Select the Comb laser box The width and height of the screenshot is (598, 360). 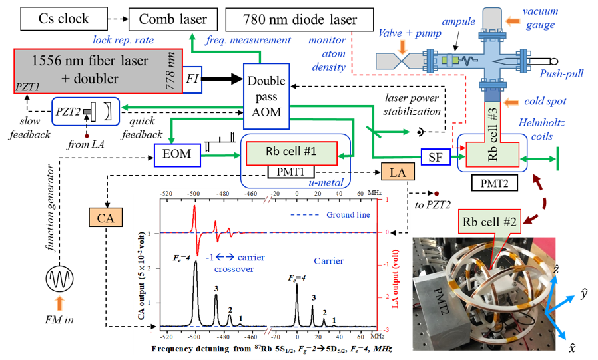[172, 19]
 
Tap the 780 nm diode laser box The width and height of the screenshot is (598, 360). [300, 19]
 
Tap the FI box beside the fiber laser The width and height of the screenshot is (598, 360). [192, 79]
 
